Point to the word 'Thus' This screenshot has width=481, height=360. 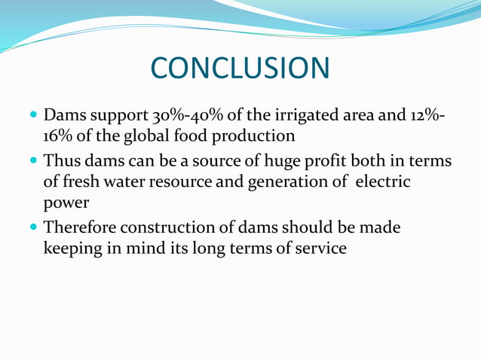pyautogui.click(x=62, y=161)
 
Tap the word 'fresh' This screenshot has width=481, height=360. pyautogui.click(x=83, y=182)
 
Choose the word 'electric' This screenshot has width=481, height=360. pyautogui.click(x=381, y=182)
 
